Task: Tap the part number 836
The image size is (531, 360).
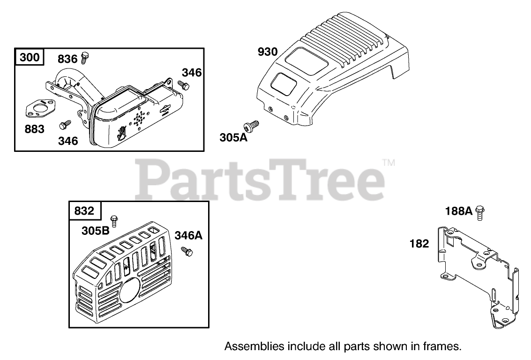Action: click(67, 59)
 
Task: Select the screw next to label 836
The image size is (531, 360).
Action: click(85, 58)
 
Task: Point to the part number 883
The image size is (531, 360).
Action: click(35, 128)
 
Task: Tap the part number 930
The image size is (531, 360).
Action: click(268, 52)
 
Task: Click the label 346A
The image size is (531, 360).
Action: click(188, 235)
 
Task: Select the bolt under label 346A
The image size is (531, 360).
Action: click(187, 251)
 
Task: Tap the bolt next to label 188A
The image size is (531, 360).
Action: click(480, 213)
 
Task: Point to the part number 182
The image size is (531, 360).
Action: click(419, 244)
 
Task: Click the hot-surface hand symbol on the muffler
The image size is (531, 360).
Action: click(121, 133)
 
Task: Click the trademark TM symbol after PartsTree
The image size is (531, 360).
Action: click(389, 163)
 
